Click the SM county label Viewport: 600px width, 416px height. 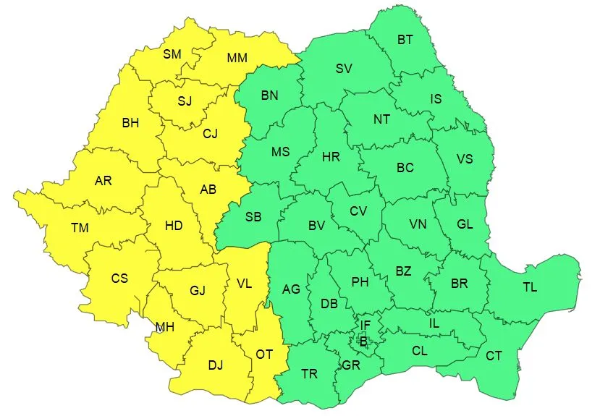pyautogui.click(x=172, y=54)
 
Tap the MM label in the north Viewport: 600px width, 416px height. pyautogui.click(x=237, y=58)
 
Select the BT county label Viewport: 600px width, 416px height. pyautogui.click(x=405, y=40)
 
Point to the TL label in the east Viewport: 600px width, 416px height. pyautogui.click(x=530, y=287)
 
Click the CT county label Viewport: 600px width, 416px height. pyautogui.click(x=494, y=355)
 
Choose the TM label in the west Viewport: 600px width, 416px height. pyautogui.click(x=80, y=228)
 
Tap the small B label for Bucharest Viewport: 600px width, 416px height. pyautogui.click(x=363, y=341)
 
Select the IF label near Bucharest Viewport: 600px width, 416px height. pyautogui.click(x=366, y=326)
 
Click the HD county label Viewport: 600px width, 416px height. pyautogui.click(x=174, y=225)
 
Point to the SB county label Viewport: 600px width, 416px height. pyautogui.click(x=253, y=217)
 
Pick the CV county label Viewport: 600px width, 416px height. pyautogui.click(x=358, y=211)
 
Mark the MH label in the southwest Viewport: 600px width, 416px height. pyautogui.click(x=165, y=327)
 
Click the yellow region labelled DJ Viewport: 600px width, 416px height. pyautogui.click(x=216, y=365)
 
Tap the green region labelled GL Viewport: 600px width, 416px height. pyautogui.click(x=465, y=224)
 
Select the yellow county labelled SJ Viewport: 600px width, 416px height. pyautogui.click(x=185, y=101)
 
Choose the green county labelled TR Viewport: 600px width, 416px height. pyautogui.click(x=309, y=374)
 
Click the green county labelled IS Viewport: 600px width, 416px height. pyautogui.click(x=436, y=98)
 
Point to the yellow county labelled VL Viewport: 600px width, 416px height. pyautogui.click(x=245, y=284)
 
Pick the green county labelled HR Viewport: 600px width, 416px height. pyautogui.click(x=331, y=156)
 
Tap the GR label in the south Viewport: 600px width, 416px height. pyautogui.click(x=351, y=365)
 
